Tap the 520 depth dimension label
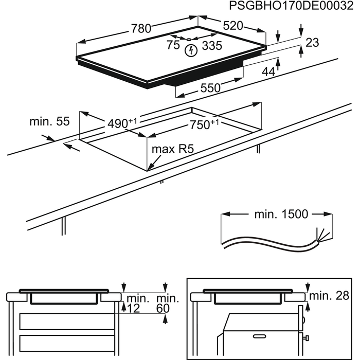(x=232, y=26)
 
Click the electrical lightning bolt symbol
(x=191, y=50)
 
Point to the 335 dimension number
(x=211, y=46)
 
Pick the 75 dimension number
(x=173, y=45)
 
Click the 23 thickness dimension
(x=312, y=43)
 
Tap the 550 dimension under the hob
(x=210, y=88)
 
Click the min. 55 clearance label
(x=49, y=121)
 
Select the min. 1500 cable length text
(x=281, y=214)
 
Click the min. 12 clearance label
(x=136, y=303)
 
